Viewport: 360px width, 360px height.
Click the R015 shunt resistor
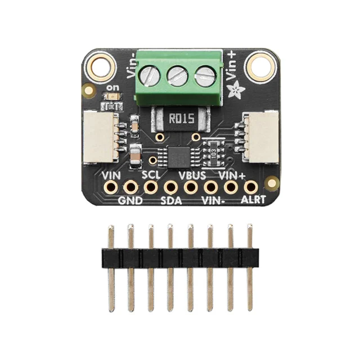coord(181,119)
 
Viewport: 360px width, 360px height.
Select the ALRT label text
coord(253,200)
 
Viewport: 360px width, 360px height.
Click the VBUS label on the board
coord(192,175)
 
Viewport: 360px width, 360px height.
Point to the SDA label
coord(171,201)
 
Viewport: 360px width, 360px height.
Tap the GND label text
coord(130,201)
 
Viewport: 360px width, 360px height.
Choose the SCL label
coord(151,175)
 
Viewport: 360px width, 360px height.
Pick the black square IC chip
coord(179,157)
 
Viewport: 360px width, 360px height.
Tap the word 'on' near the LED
coord(114,88)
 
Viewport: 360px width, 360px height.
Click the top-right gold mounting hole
coord(262,66)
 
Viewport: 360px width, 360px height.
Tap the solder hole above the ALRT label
coord(251,187)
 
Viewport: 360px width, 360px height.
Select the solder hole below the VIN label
coord(111,188)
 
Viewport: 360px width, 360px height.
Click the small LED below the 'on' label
coord(112,97)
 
